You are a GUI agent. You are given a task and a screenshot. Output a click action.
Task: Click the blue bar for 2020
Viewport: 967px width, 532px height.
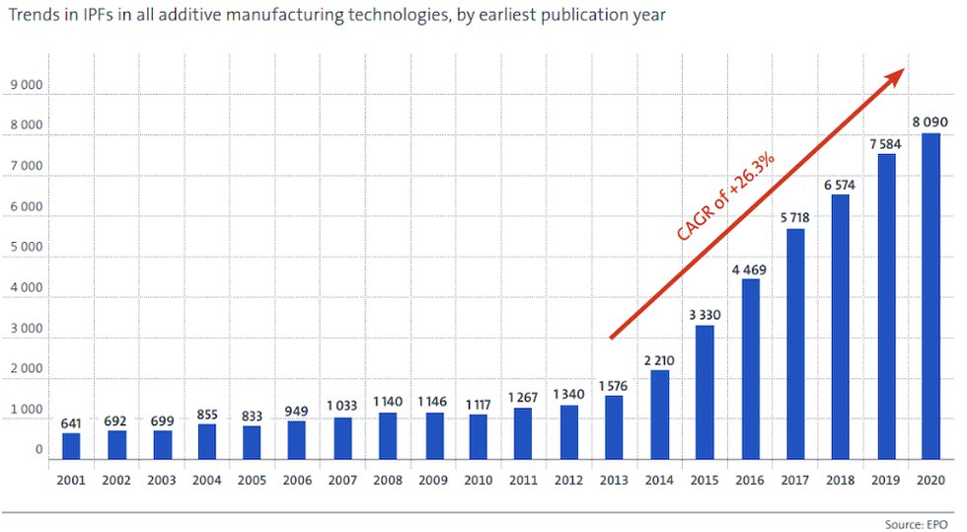click(930, 296)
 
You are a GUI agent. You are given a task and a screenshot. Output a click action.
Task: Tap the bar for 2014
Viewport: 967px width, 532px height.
click(659, 415)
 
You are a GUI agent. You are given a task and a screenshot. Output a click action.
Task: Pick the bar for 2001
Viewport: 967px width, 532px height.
click(71, 446)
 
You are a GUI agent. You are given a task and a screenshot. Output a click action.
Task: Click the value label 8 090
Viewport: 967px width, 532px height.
click(930, 121)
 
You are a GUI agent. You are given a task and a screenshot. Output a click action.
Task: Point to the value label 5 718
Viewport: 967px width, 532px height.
click(794, 217)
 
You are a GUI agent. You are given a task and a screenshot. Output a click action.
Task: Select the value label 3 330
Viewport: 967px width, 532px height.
click(705, 314)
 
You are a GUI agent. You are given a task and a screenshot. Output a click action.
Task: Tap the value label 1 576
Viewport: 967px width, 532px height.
click(614, 385)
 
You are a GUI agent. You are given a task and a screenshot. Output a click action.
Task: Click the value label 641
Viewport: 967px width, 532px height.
click(71, 422)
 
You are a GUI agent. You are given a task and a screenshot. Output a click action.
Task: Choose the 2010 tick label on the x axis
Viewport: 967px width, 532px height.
click(478, 480)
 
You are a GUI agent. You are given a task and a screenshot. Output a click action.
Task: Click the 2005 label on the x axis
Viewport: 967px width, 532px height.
click(252, 480)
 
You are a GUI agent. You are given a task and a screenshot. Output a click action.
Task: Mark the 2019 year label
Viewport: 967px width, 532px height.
click(885, 480)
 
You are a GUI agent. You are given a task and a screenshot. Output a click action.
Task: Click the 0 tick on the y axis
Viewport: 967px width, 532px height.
click(39, 450)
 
